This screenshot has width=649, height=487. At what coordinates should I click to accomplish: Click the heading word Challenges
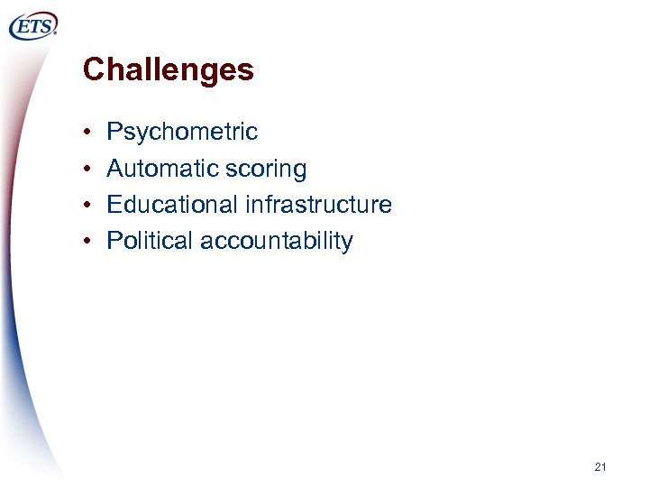click(168, 69)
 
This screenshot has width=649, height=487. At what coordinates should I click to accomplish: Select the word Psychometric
click(182, 133)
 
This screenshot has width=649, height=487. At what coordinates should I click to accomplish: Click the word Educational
click(172, 205)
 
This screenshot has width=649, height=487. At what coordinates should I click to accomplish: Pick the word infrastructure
click(318, 205)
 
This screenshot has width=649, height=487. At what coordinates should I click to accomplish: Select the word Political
click(150, 241)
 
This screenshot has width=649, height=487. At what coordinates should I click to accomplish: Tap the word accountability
click(277, 242)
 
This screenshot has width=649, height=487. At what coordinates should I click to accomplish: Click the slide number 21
click(600, 467)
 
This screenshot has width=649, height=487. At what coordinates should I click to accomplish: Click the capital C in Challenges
click(92, 69)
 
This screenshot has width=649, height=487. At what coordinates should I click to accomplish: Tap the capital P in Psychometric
click(114, 133)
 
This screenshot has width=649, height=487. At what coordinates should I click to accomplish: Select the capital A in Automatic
click(114, 169)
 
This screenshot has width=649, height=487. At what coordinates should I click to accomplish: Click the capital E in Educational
click(114, 205)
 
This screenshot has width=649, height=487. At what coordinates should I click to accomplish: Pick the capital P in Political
click(114, 241)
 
